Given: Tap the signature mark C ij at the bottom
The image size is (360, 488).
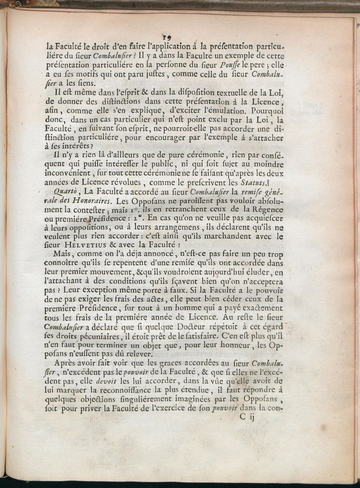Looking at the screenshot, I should click(x=247, y=417).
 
